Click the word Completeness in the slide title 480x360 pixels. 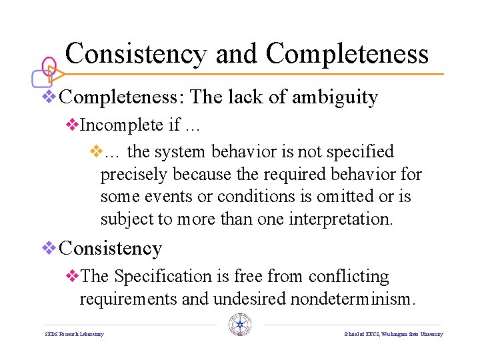pos(347,53)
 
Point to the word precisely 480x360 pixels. pos(134,175)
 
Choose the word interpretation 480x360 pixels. pos(340,219)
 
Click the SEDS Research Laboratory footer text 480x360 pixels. pos(74,334)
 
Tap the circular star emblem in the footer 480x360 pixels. pos(239,324)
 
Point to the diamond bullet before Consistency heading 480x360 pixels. pos(49,248)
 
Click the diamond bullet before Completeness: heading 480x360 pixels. pos(49,97)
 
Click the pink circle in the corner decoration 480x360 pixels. pos(49,66)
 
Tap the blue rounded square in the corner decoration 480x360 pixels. pos(41,79)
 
